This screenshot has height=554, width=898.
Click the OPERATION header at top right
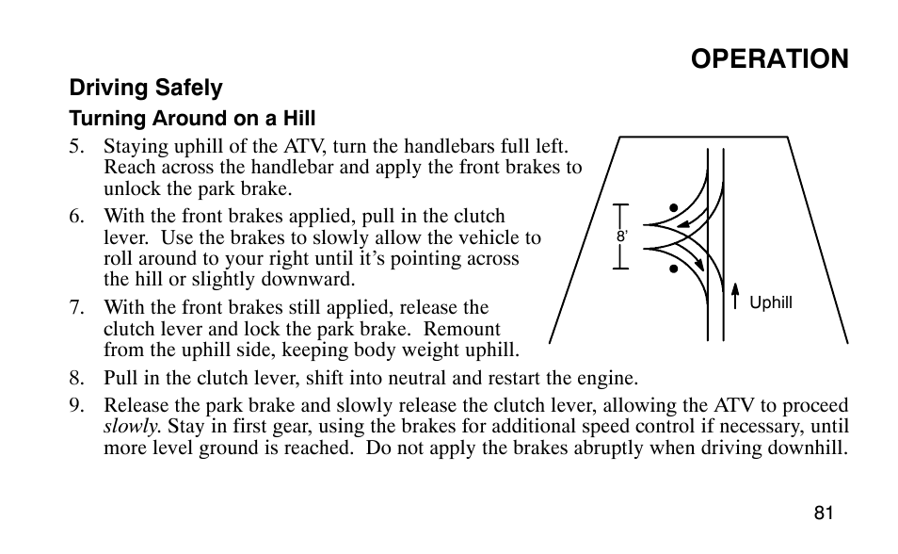[769, 58]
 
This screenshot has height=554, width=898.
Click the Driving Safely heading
[146, 89]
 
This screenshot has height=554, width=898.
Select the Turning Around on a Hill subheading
[191, 119]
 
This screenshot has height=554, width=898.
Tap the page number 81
[825, 513]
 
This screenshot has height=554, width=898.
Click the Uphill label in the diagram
[771, 303]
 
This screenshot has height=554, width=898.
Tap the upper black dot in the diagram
[675, 207]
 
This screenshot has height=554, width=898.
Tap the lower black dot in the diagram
[675, 269]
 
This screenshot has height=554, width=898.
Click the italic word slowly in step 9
[132, 427]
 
